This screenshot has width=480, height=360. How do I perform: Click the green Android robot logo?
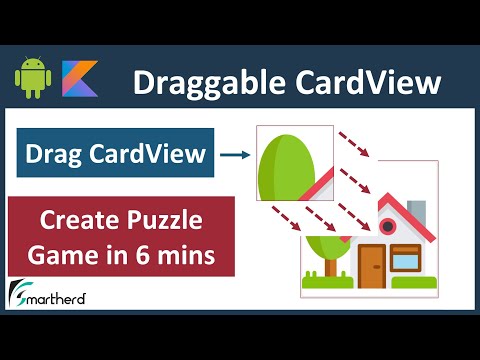33,79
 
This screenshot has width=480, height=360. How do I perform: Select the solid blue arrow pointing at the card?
234,154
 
